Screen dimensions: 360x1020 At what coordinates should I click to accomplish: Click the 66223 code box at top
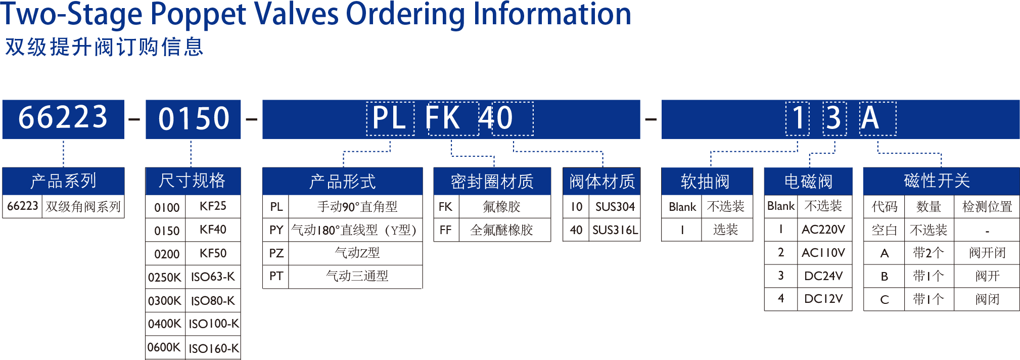pyautogui.click(x=63, y=118)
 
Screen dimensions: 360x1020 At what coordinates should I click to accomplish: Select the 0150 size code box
pyautogui.click(x=194, y=119)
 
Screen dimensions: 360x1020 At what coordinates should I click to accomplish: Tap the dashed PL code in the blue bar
pyautogui.click(x=390, y=118)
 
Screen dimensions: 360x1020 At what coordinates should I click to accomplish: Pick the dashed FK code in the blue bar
pyautogui.click(x=452, y=118)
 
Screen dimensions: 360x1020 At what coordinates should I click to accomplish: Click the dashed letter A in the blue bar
pyautogui.click(x=877, y=118)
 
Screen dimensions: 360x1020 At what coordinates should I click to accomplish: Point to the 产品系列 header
pyautogui.click(x=63, y=181)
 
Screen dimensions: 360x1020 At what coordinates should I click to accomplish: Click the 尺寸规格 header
pyautogui.click(x=193, y=181)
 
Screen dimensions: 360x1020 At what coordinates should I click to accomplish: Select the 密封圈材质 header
pyautogui.click(x=492, y=182)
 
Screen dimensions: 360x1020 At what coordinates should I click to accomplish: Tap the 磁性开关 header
pyautogui.click(x=937, y=181)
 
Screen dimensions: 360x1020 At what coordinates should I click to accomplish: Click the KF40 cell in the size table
pyautogui.click(x=213, y=230)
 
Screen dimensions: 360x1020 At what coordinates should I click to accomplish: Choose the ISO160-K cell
pyautogui.click(x=213, y=348)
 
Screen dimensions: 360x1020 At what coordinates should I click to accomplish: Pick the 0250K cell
pyautogui.click(x=165, y=277)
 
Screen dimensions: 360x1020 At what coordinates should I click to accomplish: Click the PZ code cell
pyautogui.click(x=276, y=253)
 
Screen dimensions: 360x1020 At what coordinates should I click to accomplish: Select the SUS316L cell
pyautogui.click(x=615, y=230)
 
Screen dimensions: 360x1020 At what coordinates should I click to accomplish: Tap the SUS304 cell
pyautogui.click(x=615, y=207)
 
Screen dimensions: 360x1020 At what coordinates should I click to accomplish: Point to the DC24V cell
pyautogui.click(x=823, y=276)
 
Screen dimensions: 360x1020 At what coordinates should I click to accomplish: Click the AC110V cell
pyautogui.click(x=823, y=253)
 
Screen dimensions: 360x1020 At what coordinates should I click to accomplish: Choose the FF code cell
pyautogui.click(x=445, y=230)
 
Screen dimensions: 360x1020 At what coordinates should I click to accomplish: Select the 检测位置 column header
pyautogui.click(x=987, y=207)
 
